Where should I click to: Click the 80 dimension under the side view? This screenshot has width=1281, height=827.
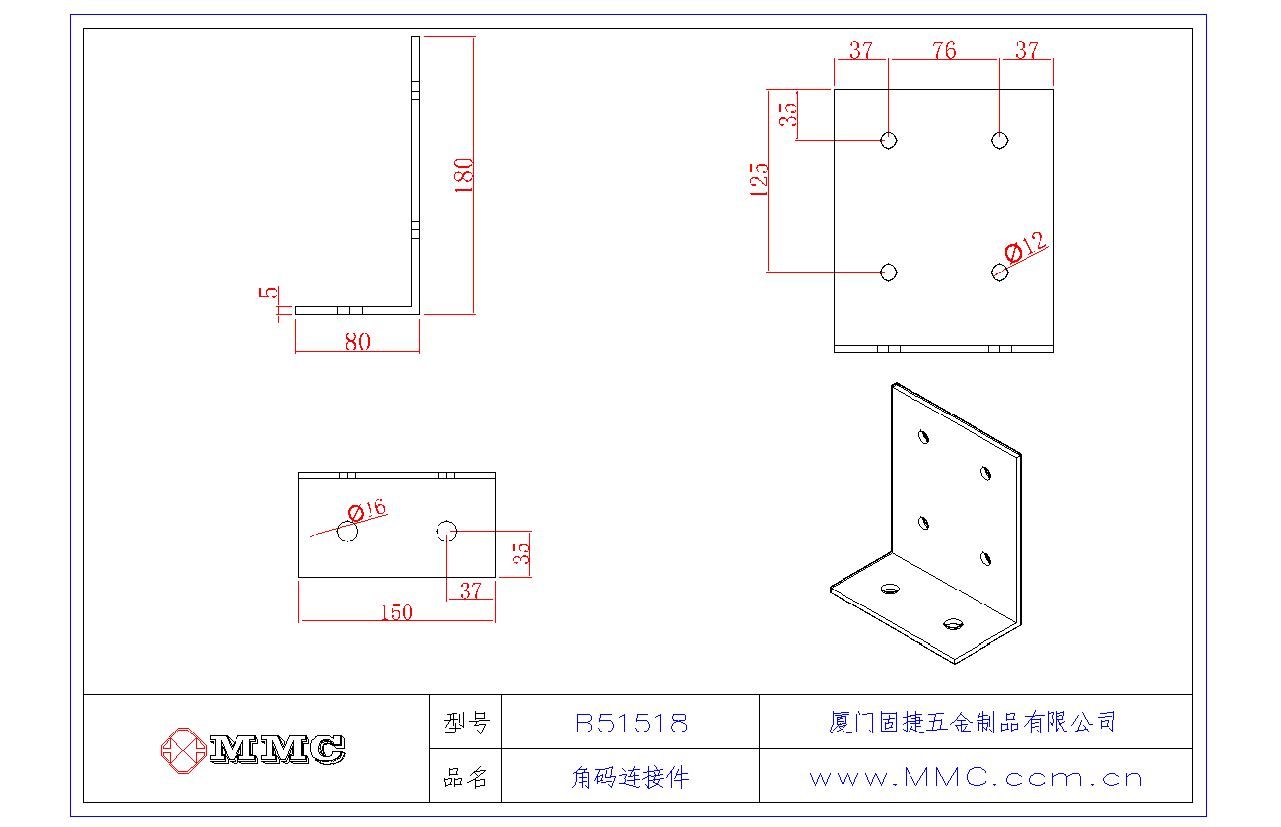pyautogui.click(x=357, y=342)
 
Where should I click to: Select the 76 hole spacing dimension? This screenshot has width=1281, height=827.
pyautogui.click(x=944, y=50)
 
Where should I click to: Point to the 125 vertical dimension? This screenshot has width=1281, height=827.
pyautogui.click(x=759, y=180)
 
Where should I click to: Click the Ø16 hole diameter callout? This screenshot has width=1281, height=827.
pyautogui.click(x=368, y=510)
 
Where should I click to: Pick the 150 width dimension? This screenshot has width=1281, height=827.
pyautogui.click(x=395, y=612)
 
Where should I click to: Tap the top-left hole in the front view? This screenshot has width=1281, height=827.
pyautogui.click(x=889, y=140)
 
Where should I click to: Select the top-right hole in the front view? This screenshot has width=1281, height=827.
pyautogui.click(x=1000, y=140)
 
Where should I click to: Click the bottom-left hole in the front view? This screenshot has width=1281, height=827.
pyautogui.click(x=889, y=271)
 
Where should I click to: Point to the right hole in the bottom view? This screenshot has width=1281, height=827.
pyautogui.click(x=446, y=531)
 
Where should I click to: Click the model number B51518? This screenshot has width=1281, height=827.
pyautogui.click(x=631, y=724)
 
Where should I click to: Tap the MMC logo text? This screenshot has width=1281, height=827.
pyautogui.click(x=277, y=749)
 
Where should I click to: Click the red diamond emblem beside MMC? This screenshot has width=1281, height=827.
pyautogui.click(x=182, y=749)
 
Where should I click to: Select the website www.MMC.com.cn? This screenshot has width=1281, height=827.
pyautogui.click(x=976, y=777)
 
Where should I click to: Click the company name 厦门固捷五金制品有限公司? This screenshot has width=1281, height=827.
pyautogui.click(x=972, y=723)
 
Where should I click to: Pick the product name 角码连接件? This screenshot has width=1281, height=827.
pyautogui.click(x=630, y=777)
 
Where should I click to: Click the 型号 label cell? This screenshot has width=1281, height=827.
pyautogui.click(x=466, y=724)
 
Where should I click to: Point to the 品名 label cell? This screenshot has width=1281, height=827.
pyautogui.click(x=466, y=777)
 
